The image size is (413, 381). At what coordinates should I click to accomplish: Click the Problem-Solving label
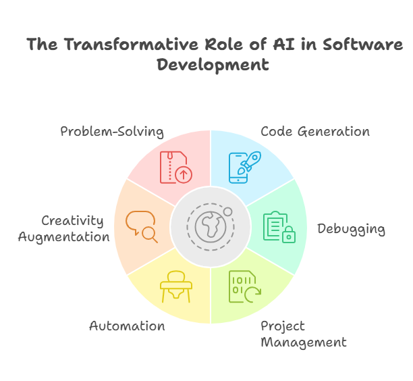[x=112, y=131]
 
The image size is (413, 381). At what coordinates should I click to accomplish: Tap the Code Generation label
[x=315, y=131]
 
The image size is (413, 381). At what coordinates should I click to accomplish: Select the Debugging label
[x=351, y=229]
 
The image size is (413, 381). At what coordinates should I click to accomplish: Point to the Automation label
[x=127, y=326]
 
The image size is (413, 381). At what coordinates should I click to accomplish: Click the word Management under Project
[x=304, y=342]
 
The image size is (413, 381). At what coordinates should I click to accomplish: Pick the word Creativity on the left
[x=72, y=221]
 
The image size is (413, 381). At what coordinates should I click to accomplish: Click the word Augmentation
[x=63, y=237]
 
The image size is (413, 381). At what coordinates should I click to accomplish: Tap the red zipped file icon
[x=176, y=167]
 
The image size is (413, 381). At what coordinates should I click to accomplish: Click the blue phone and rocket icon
[x=245, y=167]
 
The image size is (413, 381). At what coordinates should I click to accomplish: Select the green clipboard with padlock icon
[x=279, y=227]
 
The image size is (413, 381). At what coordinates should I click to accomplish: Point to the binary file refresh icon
[x=245, y=286]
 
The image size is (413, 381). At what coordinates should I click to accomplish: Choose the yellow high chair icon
[x=176, y=286]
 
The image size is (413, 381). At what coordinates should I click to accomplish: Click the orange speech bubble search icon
[x=142, y=227]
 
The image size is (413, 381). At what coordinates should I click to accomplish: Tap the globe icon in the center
[x=211, y=227]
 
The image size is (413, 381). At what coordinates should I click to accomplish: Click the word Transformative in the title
[x=131, y=44]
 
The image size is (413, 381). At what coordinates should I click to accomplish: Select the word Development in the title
[x=213, y=65]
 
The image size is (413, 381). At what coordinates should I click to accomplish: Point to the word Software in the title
[x=362, y=44]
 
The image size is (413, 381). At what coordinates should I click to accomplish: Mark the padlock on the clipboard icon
[x=289, y=234]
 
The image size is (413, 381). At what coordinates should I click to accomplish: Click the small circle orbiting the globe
[x=227, y=211]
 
